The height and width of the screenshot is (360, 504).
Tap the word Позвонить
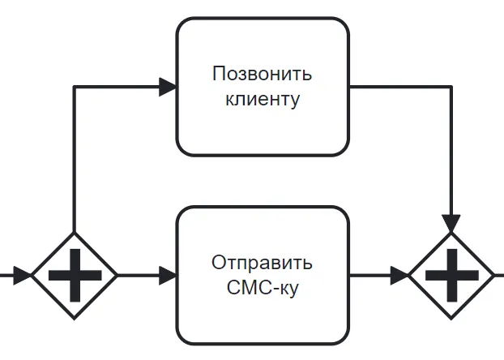pyautogui.click(x=262, y=74)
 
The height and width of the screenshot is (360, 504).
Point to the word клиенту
pyautogui.click(x=262, y=100)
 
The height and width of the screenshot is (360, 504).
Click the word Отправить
pyautogui.click(x=262, y=264)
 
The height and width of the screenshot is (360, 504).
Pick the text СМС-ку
pyautogui.click(x=262, y=289)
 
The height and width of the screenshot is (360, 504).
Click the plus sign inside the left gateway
pyautogui.click(x=75, y=275)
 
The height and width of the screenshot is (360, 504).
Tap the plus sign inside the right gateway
pyautogui.click(x=451, y=275)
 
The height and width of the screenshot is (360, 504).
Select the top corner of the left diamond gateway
pyautogui.click(x=75, y=234)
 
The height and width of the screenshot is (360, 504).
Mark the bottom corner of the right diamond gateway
pyautogui.click(x=451, y=317)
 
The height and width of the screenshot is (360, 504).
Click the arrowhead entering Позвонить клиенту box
pyautogui.click(x=168, y=87)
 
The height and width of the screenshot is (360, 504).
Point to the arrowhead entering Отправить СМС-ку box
pyautogui.click(x=168, y=275)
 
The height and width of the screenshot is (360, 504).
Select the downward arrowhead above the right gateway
pyautogui.click(x=451, y=223)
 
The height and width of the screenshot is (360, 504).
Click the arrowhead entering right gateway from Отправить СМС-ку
pyautogui.click(x=399, y=275)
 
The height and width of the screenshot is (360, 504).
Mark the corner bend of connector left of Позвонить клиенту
pyautogui.click(x=75, y=87)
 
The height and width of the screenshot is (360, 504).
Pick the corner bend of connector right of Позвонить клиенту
pyautogui.click(x=451, y=87)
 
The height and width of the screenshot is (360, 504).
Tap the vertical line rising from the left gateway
pyautogui.click(x=75, y=162)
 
